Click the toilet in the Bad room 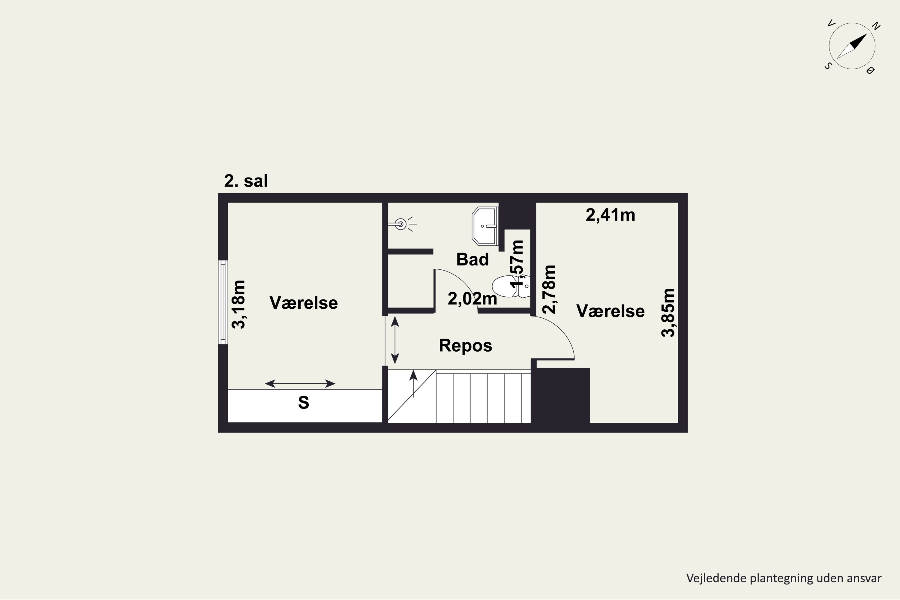[x=511, y=286]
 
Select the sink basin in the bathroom [x=485, y=226]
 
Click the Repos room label [x=465, y=345]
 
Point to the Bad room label [x=472, y=259]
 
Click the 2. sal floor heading [x=246, y=181]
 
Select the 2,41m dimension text [x=610, y=215]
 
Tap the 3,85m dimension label [x=668, y=313]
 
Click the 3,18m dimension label [x=238, y=304]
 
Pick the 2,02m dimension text [x=472, y=299]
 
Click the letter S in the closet [x=303, y=403]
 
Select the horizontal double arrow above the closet [x=300, y=383]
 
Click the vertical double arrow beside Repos [x=395, y=340]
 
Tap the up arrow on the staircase [x=413, y=384]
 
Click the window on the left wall [x=223, y=302]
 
